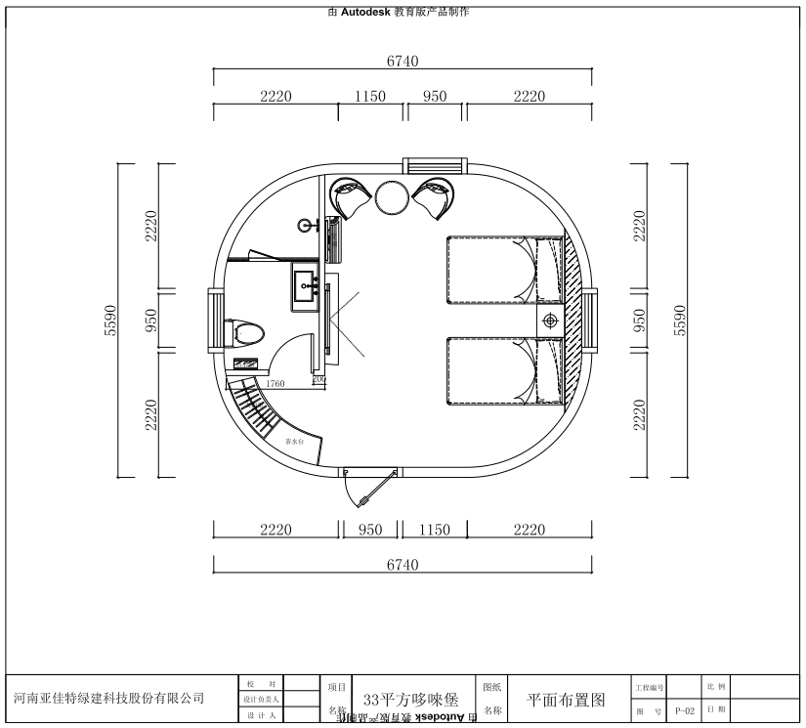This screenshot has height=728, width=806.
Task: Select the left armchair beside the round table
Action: tap(350, 198)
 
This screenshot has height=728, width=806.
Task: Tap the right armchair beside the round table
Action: tap(437, 198)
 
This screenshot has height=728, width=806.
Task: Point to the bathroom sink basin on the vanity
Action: tap(307, 288)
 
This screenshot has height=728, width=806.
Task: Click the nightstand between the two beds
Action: tap(550, 321)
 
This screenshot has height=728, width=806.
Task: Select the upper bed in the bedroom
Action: tap(503, 271)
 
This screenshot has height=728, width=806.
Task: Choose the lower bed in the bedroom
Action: tap(503, 370)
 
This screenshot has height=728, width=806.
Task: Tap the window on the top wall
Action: tap(435, 168)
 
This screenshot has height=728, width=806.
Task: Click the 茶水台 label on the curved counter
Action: tap(294, 443)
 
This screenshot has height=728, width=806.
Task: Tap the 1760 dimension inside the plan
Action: tap(276, 384)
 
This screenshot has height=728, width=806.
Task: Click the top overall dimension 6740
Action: tap(402, 61)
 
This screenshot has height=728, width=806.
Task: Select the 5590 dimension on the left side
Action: tap(110, 321)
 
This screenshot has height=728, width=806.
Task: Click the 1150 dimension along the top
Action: tap(370, 96)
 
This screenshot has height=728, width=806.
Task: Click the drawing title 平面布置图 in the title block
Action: tap(566, 700)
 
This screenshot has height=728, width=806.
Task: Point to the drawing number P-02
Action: tap(684, 711)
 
